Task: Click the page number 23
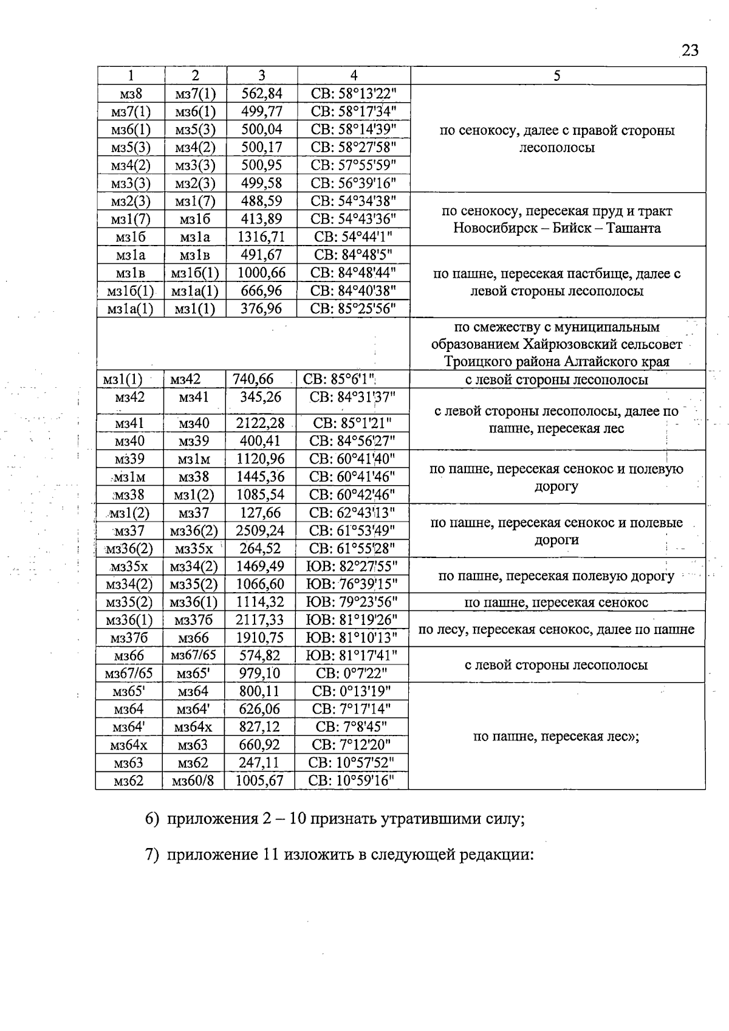click(690, 50)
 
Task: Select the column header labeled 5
click(556, 75)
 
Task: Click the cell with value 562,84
click(262, 94)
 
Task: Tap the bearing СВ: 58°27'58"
click(354, 147)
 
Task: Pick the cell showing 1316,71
click(261, 236)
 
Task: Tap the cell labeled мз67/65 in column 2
click(193, 655)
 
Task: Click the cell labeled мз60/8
click(193, 781)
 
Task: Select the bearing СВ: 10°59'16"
click(352, 781)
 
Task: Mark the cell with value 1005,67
click(259, 781)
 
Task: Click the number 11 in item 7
click(270, 855)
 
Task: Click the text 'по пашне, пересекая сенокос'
click(556, 602)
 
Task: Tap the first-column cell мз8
click(131, 94)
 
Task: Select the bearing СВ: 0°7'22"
click(352, 674)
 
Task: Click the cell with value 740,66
click(253, 379)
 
